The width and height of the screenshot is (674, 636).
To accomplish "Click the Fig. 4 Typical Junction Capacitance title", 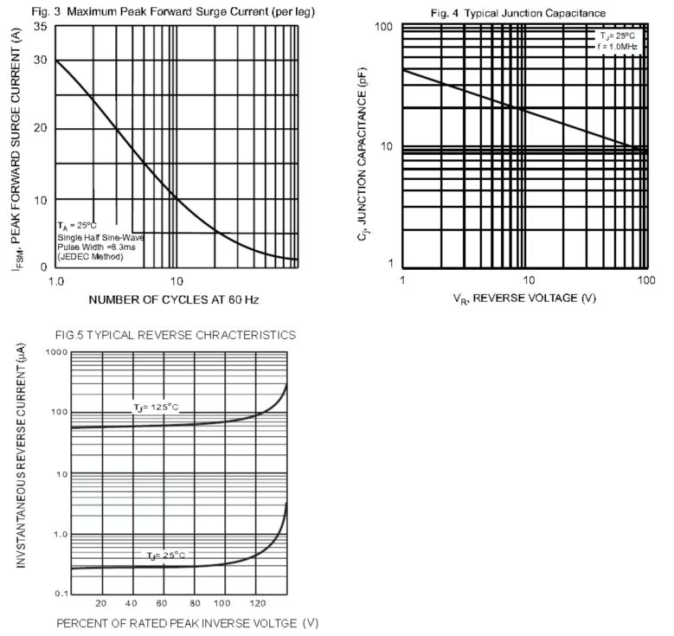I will pyautogui.click(x=530, y=13).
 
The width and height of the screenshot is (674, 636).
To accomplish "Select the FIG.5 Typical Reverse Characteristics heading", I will pyautogui.click(x=175, y=335).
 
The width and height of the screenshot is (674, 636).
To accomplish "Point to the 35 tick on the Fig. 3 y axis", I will pyautogui.click(x=40, y=27).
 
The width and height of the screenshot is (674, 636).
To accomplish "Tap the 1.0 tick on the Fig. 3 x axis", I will pyautogui.click(x=57, y=281).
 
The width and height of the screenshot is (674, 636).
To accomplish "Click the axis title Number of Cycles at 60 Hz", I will pyautogui.click(x=173, y=299).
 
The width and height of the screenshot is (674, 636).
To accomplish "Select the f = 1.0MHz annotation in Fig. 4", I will pyautogui.click(x=617, y=47).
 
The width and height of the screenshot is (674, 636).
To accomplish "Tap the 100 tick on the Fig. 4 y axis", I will pyautogui.click(x=384, y=28).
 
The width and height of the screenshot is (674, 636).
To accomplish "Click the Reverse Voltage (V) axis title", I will pyautogui.click(x=524, y=299).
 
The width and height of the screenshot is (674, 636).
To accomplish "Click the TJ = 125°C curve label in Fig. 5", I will pyautogui.click(x=156, y=408).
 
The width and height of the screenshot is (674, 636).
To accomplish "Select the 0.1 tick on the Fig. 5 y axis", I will pyautogui.click(x=61, y=594).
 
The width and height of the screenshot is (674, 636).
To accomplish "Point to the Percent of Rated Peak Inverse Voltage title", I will pyautogui.click(x=187, y=622).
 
